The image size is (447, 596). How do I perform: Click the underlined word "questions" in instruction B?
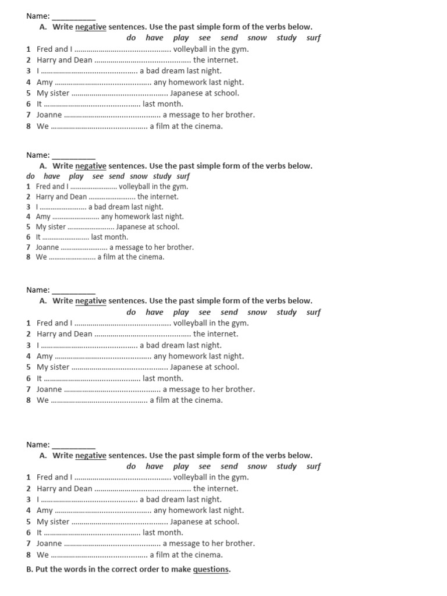pos(211,569)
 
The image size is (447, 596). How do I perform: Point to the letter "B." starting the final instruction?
pos(30,569)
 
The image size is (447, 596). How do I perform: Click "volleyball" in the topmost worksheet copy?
pos(190,49)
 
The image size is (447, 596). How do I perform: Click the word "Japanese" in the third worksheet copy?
pos(186,367)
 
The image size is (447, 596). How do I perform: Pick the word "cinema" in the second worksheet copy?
pos(151,257)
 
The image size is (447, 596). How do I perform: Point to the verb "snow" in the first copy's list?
pos(257,38)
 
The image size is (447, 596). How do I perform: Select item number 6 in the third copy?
pos(29,378)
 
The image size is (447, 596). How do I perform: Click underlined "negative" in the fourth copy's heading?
pos(91,456)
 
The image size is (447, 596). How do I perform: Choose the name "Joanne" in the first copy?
pos(49,115)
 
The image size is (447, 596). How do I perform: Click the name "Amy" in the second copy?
pos(43,217)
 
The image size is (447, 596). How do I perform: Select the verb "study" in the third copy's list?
pos(286,312)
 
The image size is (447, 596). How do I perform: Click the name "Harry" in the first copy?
pos(47,60)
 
